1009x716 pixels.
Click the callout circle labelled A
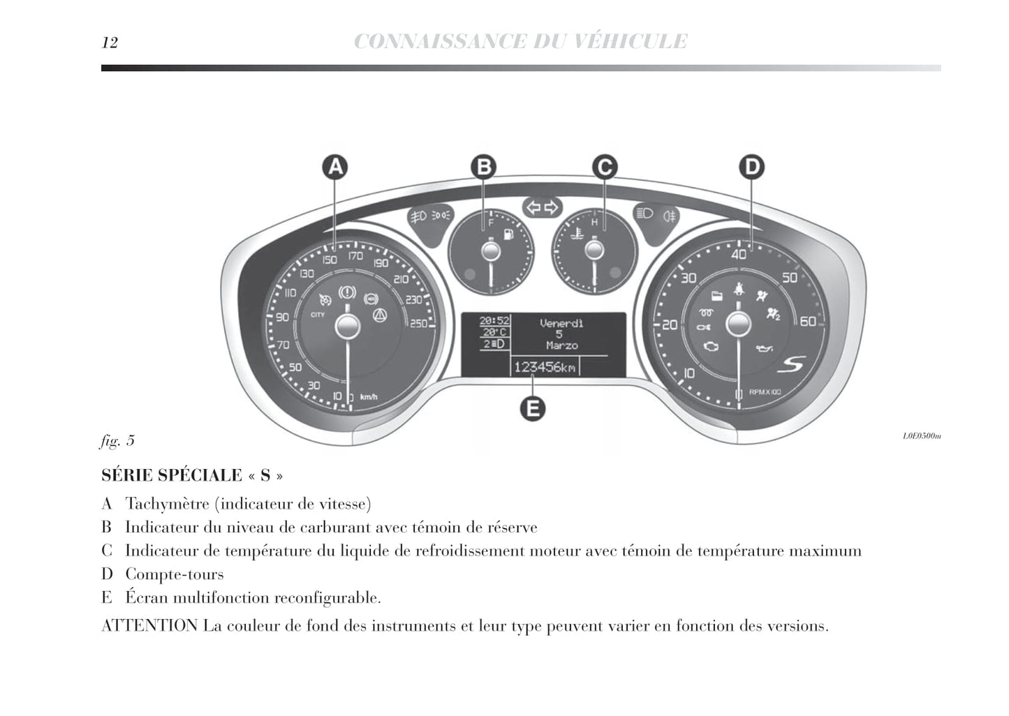pyautogui.click(x=336, y=167)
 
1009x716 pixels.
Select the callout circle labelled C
pyautogui.click(x=604, y=167)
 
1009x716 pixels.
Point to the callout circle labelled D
pyautogui.click(x=751, y=167)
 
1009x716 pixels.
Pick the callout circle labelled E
pyautogui.click(x=533, y=409)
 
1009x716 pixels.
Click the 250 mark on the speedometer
pyautogui.click(x=418, y=323)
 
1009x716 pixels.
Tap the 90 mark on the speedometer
pyautogui.click(x=282, y=318)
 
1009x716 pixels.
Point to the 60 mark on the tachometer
pyautogui.click(x=807, y=322)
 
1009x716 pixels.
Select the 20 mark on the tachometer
pyautogui.click(x=669, y=325)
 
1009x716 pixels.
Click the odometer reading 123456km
pyautogui.click(x=545, y=367)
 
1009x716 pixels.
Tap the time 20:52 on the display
pyautogui.click(x=494, y=320)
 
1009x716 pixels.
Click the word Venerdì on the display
pyautogui.click(x=561, y=323)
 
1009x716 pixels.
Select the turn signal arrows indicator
pyautogui.click(x=543, y=207)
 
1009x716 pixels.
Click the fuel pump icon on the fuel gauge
pyautogui.click(x=508, y=234)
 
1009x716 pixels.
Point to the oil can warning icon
pyautogui.click(x=764, y=348)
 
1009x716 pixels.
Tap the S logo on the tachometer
pyautogui.click(x=792, y=364)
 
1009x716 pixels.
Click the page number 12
pyautogui.click(x=110, y=43)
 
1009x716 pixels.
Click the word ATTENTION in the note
pyautogui.click(x=149, y=626)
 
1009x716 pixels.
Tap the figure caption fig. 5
pyautogui.click(x=117, y=441)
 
